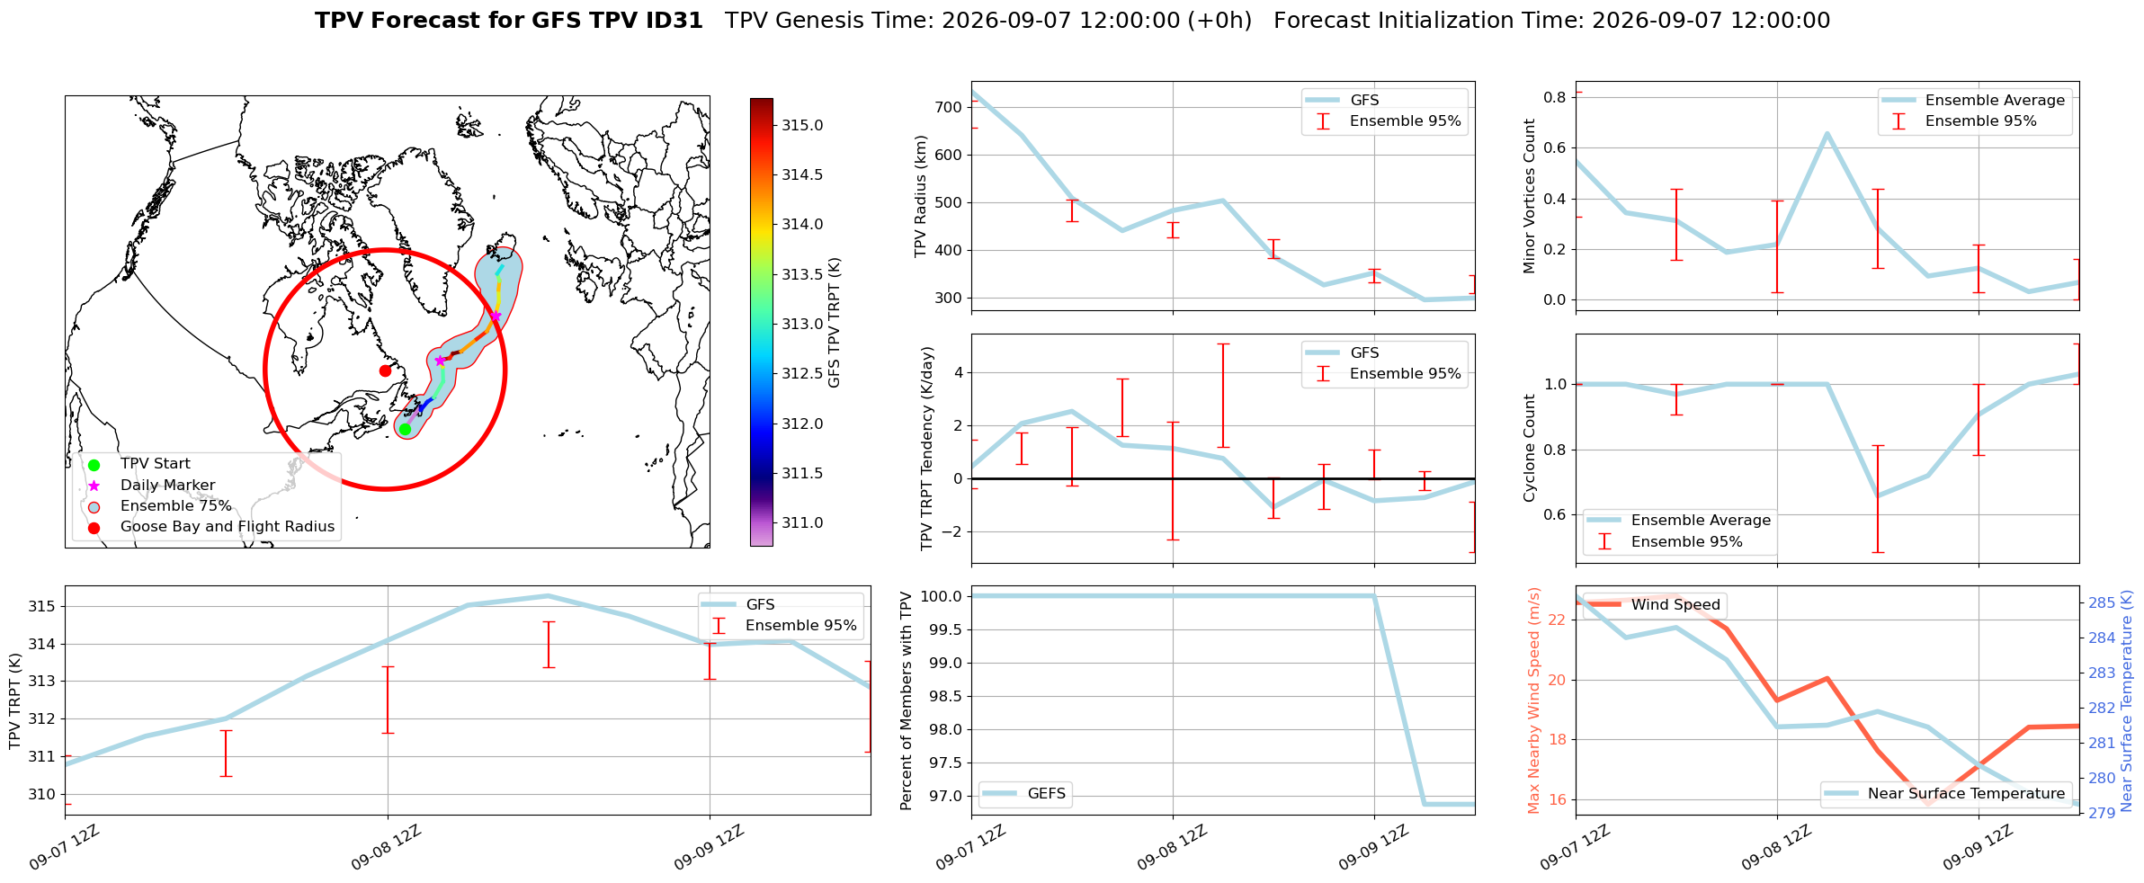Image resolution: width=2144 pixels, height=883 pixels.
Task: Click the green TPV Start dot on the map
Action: [405, 429]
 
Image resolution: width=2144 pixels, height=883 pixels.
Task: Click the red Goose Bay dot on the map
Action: [385, 370]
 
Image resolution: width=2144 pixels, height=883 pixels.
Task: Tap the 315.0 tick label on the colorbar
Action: [802, 125]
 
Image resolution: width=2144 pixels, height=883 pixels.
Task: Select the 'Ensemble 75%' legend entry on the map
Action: [175, 506]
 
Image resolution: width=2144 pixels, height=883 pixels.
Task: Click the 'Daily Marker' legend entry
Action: [167, 486]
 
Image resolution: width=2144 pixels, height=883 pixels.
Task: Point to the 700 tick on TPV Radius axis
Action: [949, 107]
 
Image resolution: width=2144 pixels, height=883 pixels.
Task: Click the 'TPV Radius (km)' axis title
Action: [920, 196]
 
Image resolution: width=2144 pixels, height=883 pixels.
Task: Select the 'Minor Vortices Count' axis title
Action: [1529, 196]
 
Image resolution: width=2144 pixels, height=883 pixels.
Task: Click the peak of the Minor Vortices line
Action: [1827, 133]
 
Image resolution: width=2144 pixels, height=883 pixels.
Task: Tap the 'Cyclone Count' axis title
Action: [1529, 448]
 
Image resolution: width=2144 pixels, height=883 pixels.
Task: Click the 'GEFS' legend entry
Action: [1025, 794]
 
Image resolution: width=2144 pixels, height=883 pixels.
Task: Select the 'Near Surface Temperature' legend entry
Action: [1947, 794]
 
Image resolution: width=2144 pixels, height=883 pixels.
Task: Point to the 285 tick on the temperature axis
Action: [2101, 602]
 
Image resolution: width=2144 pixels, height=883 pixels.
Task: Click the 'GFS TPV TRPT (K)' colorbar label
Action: [835, 323]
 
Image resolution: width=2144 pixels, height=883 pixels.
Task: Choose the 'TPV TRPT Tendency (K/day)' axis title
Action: [927, 449]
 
